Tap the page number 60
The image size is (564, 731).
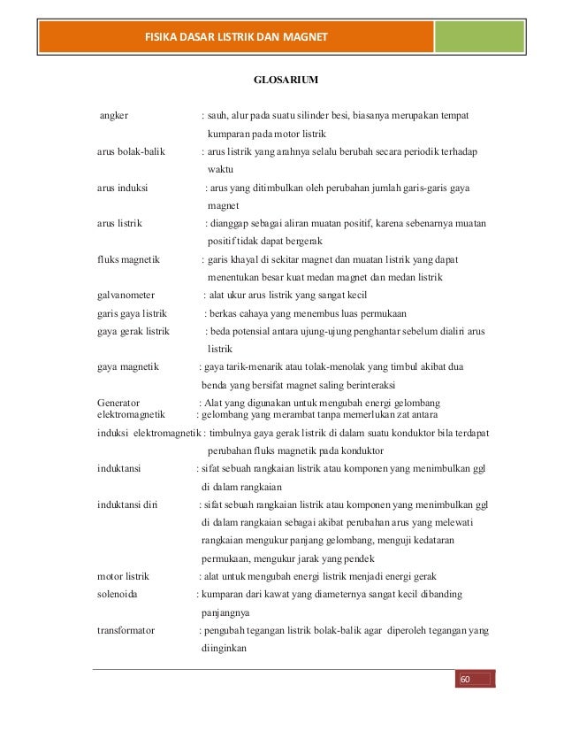pos(462,679)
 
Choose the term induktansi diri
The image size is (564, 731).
pos(128,504)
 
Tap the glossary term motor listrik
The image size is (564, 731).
pos(123,576)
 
